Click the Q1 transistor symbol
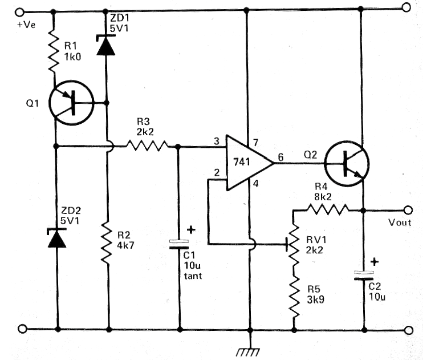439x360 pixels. click(71, 103)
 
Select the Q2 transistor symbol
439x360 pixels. click(347, 164)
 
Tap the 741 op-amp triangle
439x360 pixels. click(249, 163)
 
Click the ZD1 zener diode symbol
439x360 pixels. click(105, 45)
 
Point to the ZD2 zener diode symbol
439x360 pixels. click(57, 238)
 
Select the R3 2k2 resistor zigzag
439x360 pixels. click(147, 145)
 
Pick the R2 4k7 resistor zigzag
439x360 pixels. click(107, 243)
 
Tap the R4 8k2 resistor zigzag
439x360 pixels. click(328, 209)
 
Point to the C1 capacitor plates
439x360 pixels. click(179, 244)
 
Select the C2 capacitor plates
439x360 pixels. click(364, 276)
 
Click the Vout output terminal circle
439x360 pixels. click(408, 209)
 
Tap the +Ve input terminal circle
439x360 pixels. click(19, 13)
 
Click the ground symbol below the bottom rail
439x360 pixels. click(249, 351)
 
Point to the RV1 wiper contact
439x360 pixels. click(287, 245)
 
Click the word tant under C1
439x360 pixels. click(193, 276)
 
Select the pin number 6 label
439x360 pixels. click(281, 157)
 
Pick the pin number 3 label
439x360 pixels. click(217, 141)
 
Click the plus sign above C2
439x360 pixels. click(375, 262)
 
